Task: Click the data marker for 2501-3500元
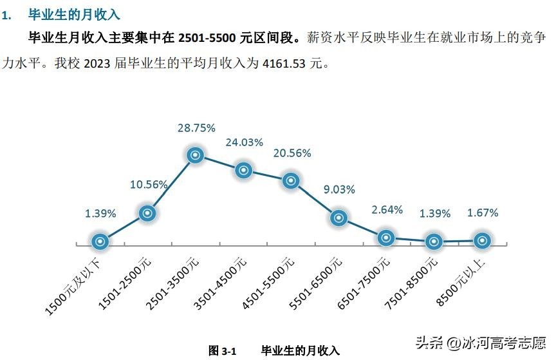pos(196,155)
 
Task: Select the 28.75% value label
pos(196,128)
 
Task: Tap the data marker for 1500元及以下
pos(100,242)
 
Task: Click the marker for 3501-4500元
pos(243,170)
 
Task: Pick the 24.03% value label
pos(244,142)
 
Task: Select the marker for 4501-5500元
pos(291,181)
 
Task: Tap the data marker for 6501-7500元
pos(386,237)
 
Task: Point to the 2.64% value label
pos(387,209)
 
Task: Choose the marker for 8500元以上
pos(482,240)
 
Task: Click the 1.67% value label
pos(483,213)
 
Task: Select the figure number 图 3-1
pos(223,350)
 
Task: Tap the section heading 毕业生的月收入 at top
pos(75,14)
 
